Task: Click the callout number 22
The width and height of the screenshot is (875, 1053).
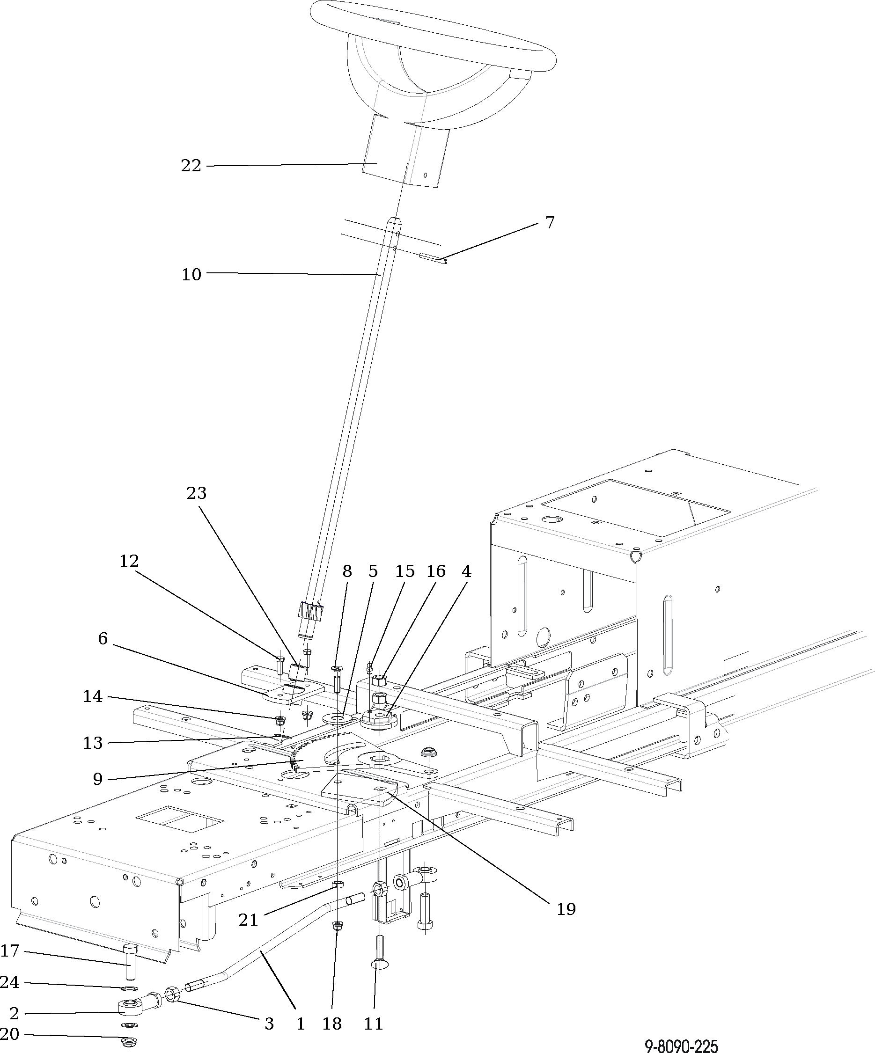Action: (x=191, y=166)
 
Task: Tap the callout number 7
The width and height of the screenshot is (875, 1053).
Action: (x=550, y=222)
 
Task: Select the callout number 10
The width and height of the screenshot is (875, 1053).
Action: (x=191, y=274)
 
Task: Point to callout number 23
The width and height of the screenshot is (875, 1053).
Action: (x=196, y=493)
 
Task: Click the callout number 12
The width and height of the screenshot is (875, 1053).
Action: (x=129, y=561)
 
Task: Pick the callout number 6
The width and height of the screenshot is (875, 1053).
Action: (x=103, y=638)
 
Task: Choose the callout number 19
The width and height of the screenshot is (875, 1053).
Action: (x=566, y=909)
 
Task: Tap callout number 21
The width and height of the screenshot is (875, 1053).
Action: (x=248, y=920)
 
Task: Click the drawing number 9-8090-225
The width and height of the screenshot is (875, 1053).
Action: (x=681, y=1046)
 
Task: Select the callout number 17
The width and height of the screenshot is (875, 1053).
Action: (x=9, y=951)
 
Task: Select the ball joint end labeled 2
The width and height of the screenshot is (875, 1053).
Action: (x=129, y=1005)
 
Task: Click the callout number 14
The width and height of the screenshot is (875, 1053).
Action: (x=93, y=696)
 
